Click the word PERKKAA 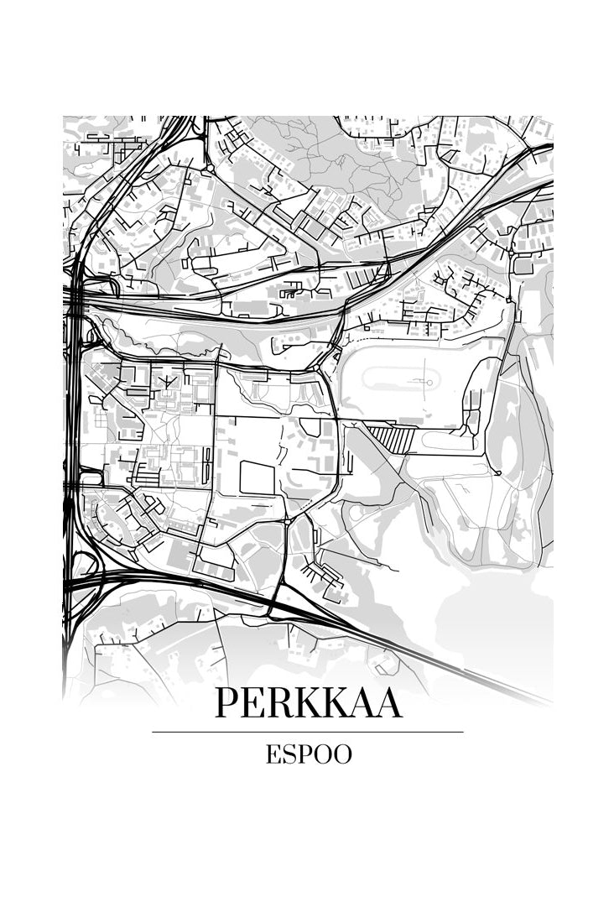coord(308,703)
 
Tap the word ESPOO coord(308,754)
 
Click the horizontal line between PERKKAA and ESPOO coord(308,732)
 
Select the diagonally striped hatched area coord(388,437)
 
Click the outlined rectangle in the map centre coord(257,477)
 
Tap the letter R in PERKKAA coord(278,703)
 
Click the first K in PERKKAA coord(310,703)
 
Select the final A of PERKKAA coord(387,703)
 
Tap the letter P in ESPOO coord(304,754)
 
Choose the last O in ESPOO coord(341,754)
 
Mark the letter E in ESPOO coord(273,754)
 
